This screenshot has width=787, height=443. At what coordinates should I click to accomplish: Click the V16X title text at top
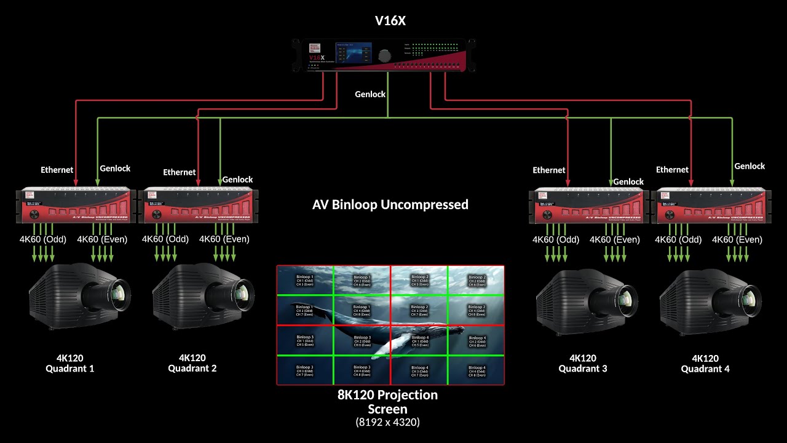point(390,22)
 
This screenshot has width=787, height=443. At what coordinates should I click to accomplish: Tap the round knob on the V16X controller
point(384,55)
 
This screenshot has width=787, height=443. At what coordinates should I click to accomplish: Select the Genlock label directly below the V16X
point(370,94)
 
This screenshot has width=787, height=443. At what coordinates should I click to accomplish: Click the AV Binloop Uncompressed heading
point(390,204)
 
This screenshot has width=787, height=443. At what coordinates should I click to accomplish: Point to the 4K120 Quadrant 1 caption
point(69,363)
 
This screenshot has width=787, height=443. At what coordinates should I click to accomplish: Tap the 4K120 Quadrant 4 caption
point(705,364)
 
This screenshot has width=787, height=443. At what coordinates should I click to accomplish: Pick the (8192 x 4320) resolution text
point(388,422)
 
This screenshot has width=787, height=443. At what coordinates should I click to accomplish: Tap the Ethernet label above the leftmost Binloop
point(57,169)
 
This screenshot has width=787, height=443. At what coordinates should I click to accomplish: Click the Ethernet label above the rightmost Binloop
point(672,169)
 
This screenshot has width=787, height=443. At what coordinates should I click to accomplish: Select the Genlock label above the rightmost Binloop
point(749,166)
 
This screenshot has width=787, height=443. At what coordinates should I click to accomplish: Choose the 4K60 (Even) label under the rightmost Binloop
point(737,239)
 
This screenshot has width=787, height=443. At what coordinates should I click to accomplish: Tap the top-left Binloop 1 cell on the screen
point(304,280)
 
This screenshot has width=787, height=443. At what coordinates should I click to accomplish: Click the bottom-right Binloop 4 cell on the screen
point(477,370)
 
